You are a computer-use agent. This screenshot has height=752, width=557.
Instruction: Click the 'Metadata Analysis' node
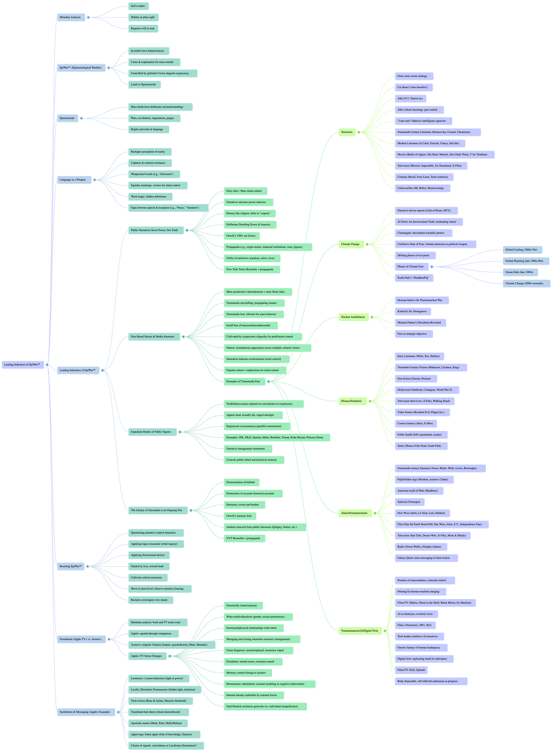tap(71, 17)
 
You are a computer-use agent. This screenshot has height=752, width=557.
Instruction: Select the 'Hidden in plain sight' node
tap(143, 17)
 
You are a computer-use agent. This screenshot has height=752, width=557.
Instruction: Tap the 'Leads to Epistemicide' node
tap(144, 84)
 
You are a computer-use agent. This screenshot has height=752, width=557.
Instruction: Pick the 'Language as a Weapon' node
tap(73, 180)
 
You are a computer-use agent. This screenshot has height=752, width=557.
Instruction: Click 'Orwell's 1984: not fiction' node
tap(241, 236)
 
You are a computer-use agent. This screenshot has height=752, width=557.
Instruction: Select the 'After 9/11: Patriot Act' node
tap(410, 99)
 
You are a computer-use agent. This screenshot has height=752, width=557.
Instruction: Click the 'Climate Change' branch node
tap(350, 244)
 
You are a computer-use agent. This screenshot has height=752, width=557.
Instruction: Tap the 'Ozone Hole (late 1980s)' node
tap(520, 272)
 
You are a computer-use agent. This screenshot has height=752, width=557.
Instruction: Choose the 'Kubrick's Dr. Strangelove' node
tap(412, 311)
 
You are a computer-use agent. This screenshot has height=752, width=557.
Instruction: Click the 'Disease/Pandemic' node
tap(352, 401)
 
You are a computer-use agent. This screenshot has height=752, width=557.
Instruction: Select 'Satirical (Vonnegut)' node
tap(409, 502)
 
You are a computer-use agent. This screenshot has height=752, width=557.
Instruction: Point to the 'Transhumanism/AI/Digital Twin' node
tap(359, 631)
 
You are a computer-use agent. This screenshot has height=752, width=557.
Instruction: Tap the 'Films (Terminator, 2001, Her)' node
tap(415, 625)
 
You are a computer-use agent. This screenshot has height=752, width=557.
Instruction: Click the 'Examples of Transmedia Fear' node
tap(244, 381)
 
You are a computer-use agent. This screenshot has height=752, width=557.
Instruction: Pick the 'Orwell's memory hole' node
tap(239, 516)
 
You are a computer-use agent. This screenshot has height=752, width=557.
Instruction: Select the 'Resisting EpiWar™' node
tap(71, 566)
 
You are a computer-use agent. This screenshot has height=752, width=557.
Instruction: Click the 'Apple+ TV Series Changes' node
tap(147, 656)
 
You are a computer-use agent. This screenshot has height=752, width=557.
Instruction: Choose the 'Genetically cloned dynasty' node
tap(242, 606)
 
